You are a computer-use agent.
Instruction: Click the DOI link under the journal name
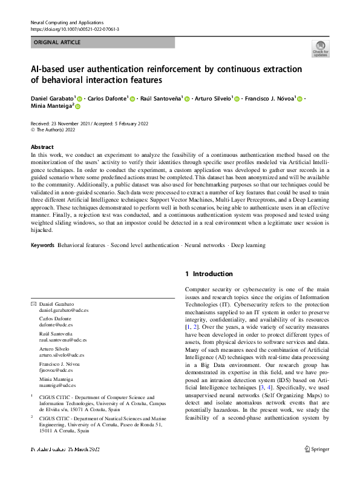tap(74, 29)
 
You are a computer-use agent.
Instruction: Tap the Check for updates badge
tap(320, 48)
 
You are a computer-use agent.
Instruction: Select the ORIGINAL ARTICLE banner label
tap(57, 42)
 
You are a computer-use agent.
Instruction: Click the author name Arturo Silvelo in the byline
tap(212, 98)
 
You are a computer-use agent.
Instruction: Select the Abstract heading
tap(42, 147)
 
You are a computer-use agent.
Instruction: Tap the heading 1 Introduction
tap(209, 274)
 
